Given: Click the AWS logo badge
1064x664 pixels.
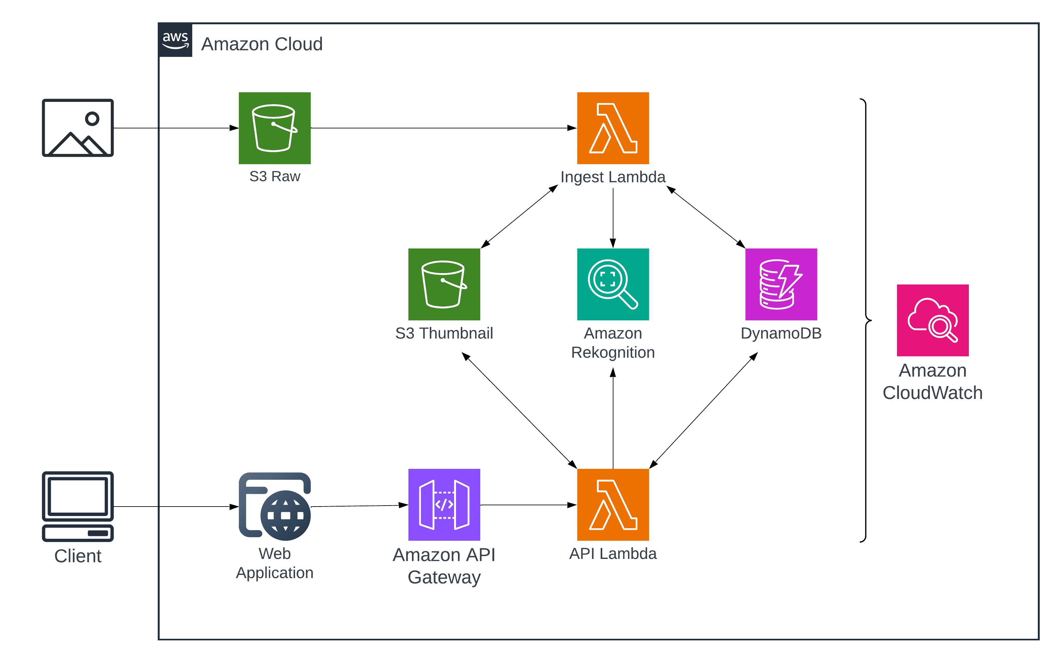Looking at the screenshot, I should point(175,40).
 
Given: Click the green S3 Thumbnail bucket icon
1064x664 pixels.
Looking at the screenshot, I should point(444,284).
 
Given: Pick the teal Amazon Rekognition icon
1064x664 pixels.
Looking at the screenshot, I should point(612,284).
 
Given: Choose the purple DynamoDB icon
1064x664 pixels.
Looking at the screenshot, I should point(780,284).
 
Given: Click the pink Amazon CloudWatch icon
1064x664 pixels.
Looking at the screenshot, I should point(932,320).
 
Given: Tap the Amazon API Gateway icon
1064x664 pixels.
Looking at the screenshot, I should point(444,505).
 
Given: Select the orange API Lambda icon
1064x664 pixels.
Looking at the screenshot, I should point(612,505).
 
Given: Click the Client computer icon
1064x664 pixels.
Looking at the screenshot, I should point(78,506).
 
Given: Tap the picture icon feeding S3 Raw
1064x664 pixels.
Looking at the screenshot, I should point(78,128).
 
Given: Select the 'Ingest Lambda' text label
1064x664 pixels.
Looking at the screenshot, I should point(612,177).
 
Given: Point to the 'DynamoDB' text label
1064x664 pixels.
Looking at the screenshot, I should point(780,333).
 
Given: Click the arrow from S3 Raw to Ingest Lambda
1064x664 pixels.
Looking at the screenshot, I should point(443,128).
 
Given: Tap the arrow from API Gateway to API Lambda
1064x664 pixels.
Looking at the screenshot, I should point(528,505).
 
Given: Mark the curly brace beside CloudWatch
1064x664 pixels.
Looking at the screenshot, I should point(866,320).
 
